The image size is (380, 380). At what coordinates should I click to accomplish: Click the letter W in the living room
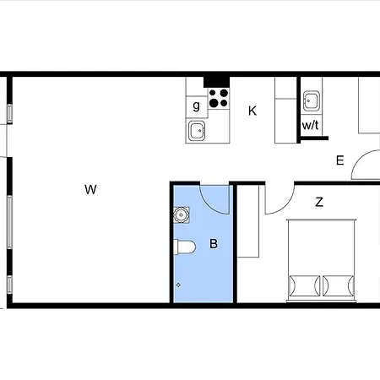[x=90, y=189]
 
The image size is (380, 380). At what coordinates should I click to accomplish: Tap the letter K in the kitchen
[x=252, y=111]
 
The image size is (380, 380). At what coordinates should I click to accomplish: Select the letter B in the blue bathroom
[x=214, y=243]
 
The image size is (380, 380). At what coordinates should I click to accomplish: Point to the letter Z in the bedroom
[x=319, y=202]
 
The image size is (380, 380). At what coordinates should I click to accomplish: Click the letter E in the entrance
[x=340, y=160]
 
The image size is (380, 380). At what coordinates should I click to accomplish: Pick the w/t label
[x=311, y=125]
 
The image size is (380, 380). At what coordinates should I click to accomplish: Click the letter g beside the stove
[x=197, y=106]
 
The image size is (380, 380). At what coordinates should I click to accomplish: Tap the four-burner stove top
[x=219, y=98]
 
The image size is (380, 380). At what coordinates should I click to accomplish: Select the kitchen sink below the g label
[x=197, y=131]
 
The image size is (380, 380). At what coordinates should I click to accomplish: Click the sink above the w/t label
[x=312, y=100]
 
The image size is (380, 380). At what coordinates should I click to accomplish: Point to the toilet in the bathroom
[x=184, y=247]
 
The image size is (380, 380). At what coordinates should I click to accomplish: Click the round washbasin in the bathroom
[x=182, y=215]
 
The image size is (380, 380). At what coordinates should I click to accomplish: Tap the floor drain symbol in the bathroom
[x=178, y=285]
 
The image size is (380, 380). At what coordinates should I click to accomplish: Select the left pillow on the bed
[x=305, y=285]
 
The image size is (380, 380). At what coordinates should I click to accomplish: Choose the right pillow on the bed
[x=339, y=285]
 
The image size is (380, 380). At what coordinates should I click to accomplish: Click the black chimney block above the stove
[x=216, y=82]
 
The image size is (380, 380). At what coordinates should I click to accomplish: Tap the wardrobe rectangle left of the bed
[x=248, y=221]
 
